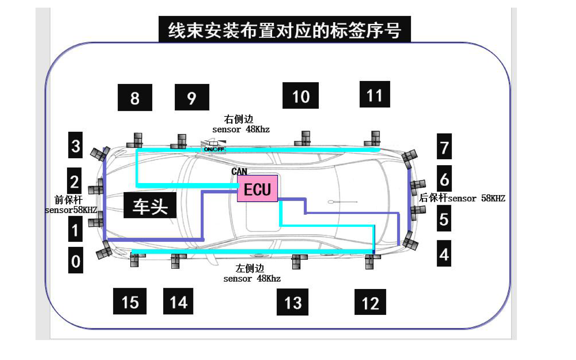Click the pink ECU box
257,189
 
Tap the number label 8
135,98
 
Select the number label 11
375,95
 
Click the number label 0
76,260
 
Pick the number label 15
130,302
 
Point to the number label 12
370,302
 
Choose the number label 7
444,147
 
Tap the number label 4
444,254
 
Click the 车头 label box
150,205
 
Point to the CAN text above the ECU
239,171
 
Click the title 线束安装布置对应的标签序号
284,30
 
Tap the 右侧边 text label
239,119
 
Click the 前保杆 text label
68,200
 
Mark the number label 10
301,96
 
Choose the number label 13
293,302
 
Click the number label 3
76,145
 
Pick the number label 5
444,218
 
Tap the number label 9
192,98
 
